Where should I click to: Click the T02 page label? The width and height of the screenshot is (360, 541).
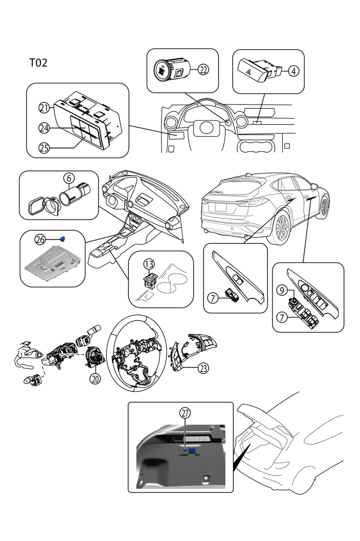(38, 63)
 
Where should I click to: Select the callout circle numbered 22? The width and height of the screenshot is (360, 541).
(203, 70)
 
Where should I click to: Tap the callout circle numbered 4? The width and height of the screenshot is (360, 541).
(294, 71)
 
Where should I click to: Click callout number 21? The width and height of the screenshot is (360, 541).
(44, 108)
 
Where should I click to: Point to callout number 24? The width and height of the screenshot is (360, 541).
(44, 128)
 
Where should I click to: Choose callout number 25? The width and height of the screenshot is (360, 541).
(44, 147)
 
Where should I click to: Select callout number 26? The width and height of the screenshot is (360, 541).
(40, 239)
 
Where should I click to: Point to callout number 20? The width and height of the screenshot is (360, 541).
(95, 378)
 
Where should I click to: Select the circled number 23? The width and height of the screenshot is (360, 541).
(203, 368)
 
